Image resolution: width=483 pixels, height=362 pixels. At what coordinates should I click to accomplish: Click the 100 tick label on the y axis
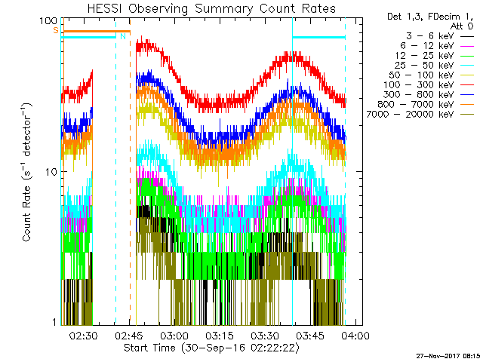49,20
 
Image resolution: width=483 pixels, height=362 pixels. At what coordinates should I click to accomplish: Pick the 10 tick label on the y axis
51,171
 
